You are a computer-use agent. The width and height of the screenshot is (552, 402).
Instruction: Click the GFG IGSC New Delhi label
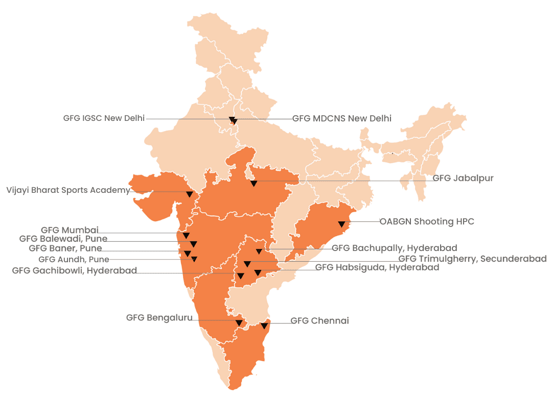point(104,118)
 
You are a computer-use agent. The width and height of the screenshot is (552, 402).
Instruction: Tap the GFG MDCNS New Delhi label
point(341,118)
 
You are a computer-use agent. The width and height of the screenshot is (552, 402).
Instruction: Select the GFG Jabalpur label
point(463,178)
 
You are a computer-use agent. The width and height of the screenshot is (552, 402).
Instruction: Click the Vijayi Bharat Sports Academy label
point(68,190)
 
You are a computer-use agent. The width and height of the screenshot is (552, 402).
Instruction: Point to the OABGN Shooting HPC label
point(426,221)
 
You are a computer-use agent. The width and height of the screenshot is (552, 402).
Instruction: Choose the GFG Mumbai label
point(70,230)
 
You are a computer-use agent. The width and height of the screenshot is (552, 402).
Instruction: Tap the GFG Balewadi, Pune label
point(63,239)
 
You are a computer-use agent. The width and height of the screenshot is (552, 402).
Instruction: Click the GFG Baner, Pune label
point(65,248)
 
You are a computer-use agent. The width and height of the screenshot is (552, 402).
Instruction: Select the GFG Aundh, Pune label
point(74,259)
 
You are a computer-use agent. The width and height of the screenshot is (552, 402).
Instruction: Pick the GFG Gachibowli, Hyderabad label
point(74,270)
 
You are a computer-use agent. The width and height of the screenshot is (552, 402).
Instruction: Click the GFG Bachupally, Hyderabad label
point(394,248)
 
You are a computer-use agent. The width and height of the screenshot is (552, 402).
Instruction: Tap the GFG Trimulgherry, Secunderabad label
point(472,259)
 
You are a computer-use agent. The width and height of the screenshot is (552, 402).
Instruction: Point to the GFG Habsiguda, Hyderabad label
point(377,267)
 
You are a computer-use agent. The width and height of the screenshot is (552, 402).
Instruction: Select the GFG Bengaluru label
point(159,318)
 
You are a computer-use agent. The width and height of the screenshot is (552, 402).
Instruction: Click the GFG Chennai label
point(319,321)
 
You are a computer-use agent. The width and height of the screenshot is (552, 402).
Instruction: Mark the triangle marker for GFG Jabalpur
point(254,183)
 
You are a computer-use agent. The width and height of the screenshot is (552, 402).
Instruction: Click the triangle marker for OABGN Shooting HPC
point(341,224)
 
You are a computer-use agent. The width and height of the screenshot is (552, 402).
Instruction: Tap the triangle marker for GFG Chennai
point(264,326)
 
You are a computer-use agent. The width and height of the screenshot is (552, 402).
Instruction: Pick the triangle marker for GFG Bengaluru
point(239,323)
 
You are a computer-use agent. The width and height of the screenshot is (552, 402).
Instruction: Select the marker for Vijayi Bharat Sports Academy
point(189,194)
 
